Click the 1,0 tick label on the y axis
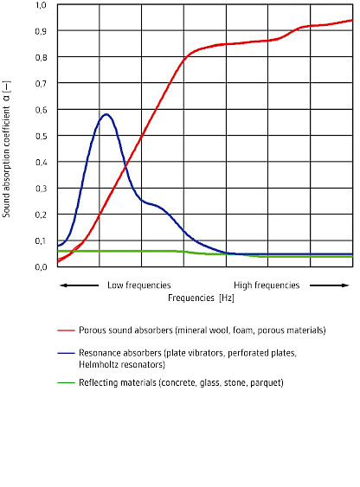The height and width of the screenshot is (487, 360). [x=41, y=5]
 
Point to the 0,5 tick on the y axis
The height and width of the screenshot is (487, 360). [x=41, y=136]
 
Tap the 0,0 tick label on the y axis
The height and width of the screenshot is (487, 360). [x=41, y=266]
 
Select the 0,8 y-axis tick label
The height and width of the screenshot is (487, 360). [x=41, y=57]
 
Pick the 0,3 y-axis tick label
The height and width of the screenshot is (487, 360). [x=41, y=188]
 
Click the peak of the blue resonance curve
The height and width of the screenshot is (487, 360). [x=106, y=114]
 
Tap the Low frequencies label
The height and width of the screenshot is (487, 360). [x=138, y=285]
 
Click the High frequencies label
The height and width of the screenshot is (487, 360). [x=267, y=285]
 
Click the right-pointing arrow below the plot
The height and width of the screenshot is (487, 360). [x=333, y=285]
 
